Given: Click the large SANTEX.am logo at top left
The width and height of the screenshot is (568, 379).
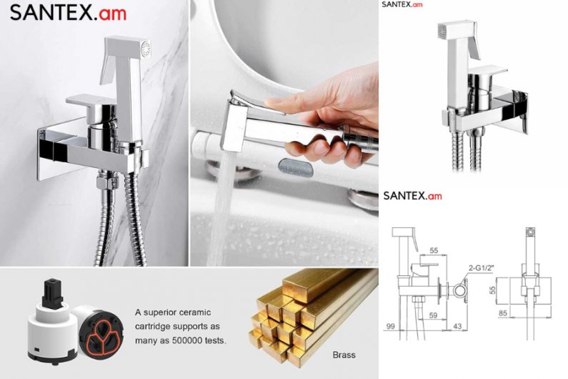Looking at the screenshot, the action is (68, 13).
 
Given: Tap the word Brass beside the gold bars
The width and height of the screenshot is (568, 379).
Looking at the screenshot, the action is (344, 355).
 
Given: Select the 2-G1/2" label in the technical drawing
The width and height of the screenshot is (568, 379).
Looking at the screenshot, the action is (482, 268).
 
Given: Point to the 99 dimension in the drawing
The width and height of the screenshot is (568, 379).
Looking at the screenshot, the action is (390, 326).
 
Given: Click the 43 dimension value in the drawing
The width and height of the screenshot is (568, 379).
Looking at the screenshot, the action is (457, 326).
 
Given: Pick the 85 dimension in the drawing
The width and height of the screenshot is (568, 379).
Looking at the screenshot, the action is (502, 312).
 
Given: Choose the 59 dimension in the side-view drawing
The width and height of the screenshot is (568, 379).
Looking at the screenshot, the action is (433, 315).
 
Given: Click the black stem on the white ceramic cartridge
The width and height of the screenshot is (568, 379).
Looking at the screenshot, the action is (53, 293).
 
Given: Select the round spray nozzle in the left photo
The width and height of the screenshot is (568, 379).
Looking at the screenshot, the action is (146, 49).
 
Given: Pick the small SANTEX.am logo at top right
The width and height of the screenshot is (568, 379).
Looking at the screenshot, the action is (402, 4).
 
